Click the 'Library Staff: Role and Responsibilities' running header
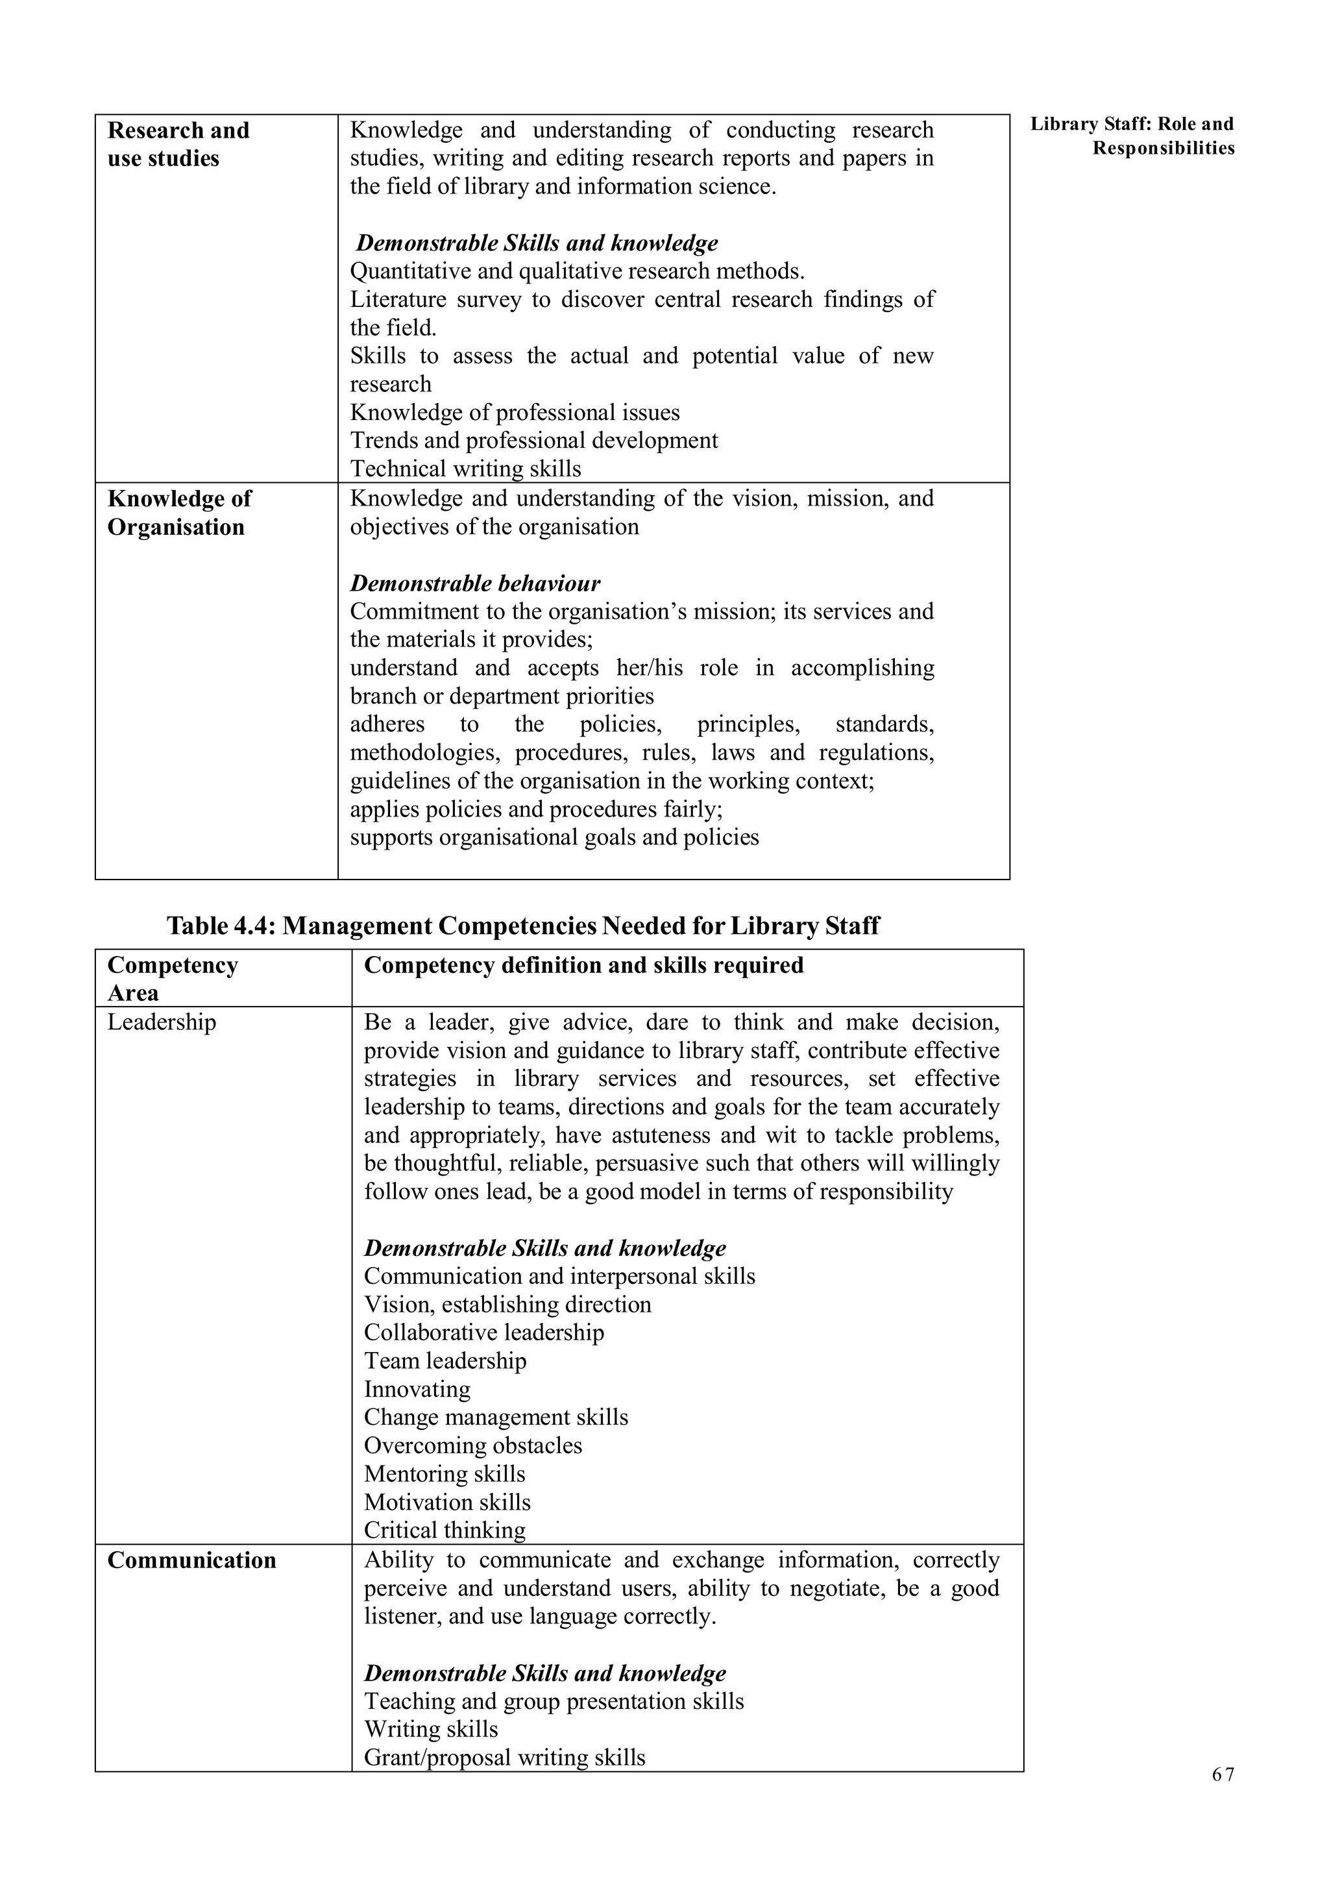tap(1132, 136)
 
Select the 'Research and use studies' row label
tap(178, 144)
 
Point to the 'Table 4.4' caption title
tap(522, 926)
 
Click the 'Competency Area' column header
tap(172, 978)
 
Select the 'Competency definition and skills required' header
tap(583, 965)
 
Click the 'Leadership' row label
tap(162, 1022)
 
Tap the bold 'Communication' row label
tap(191, 1560)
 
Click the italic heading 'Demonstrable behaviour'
tap(475, 584)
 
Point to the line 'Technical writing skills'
tap(465, 469)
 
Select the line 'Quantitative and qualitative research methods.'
tap(578, 271)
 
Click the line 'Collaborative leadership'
tap(484, 1332)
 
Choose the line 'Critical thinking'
tap(445, 1530)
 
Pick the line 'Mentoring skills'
tap(445, 1473)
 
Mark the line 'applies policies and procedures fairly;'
tap(535, 809)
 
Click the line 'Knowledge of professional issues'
tap(514, 412)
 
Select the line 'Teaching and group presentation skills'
tap(554, 1701)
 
